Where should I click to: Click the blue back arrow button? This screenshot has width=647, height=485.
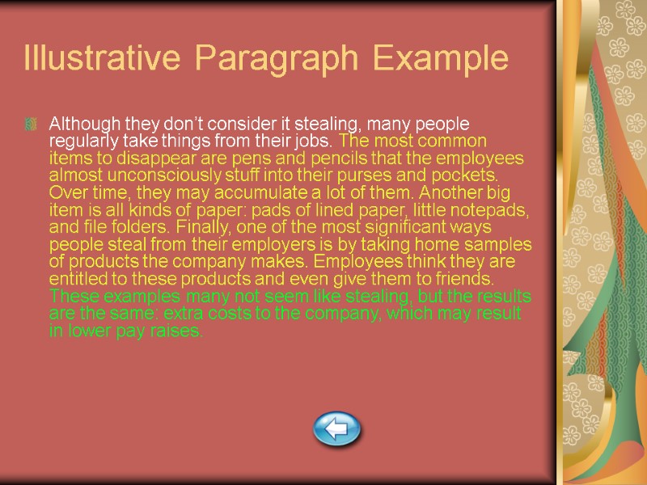(336, 428)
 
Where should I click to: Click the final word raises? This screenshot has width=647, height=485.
(178, 331)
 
